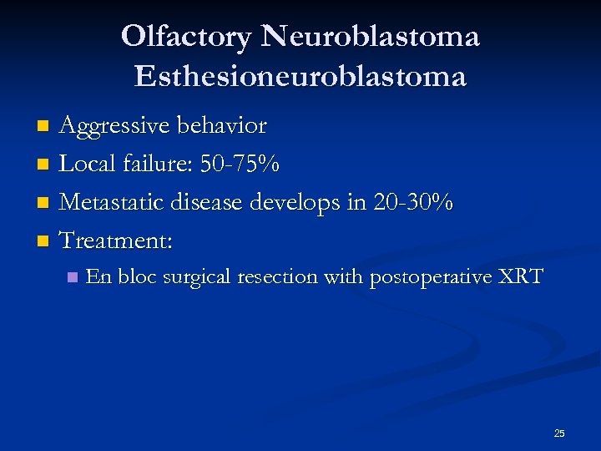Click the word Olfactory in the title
pos(186,37)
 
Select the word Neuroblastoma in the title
pos(370,37)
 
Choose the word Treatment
pos(115,241)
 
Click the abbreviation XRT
pos(518,276)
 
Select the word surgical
pos(198,277)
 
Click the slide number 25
pos(559,433)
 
